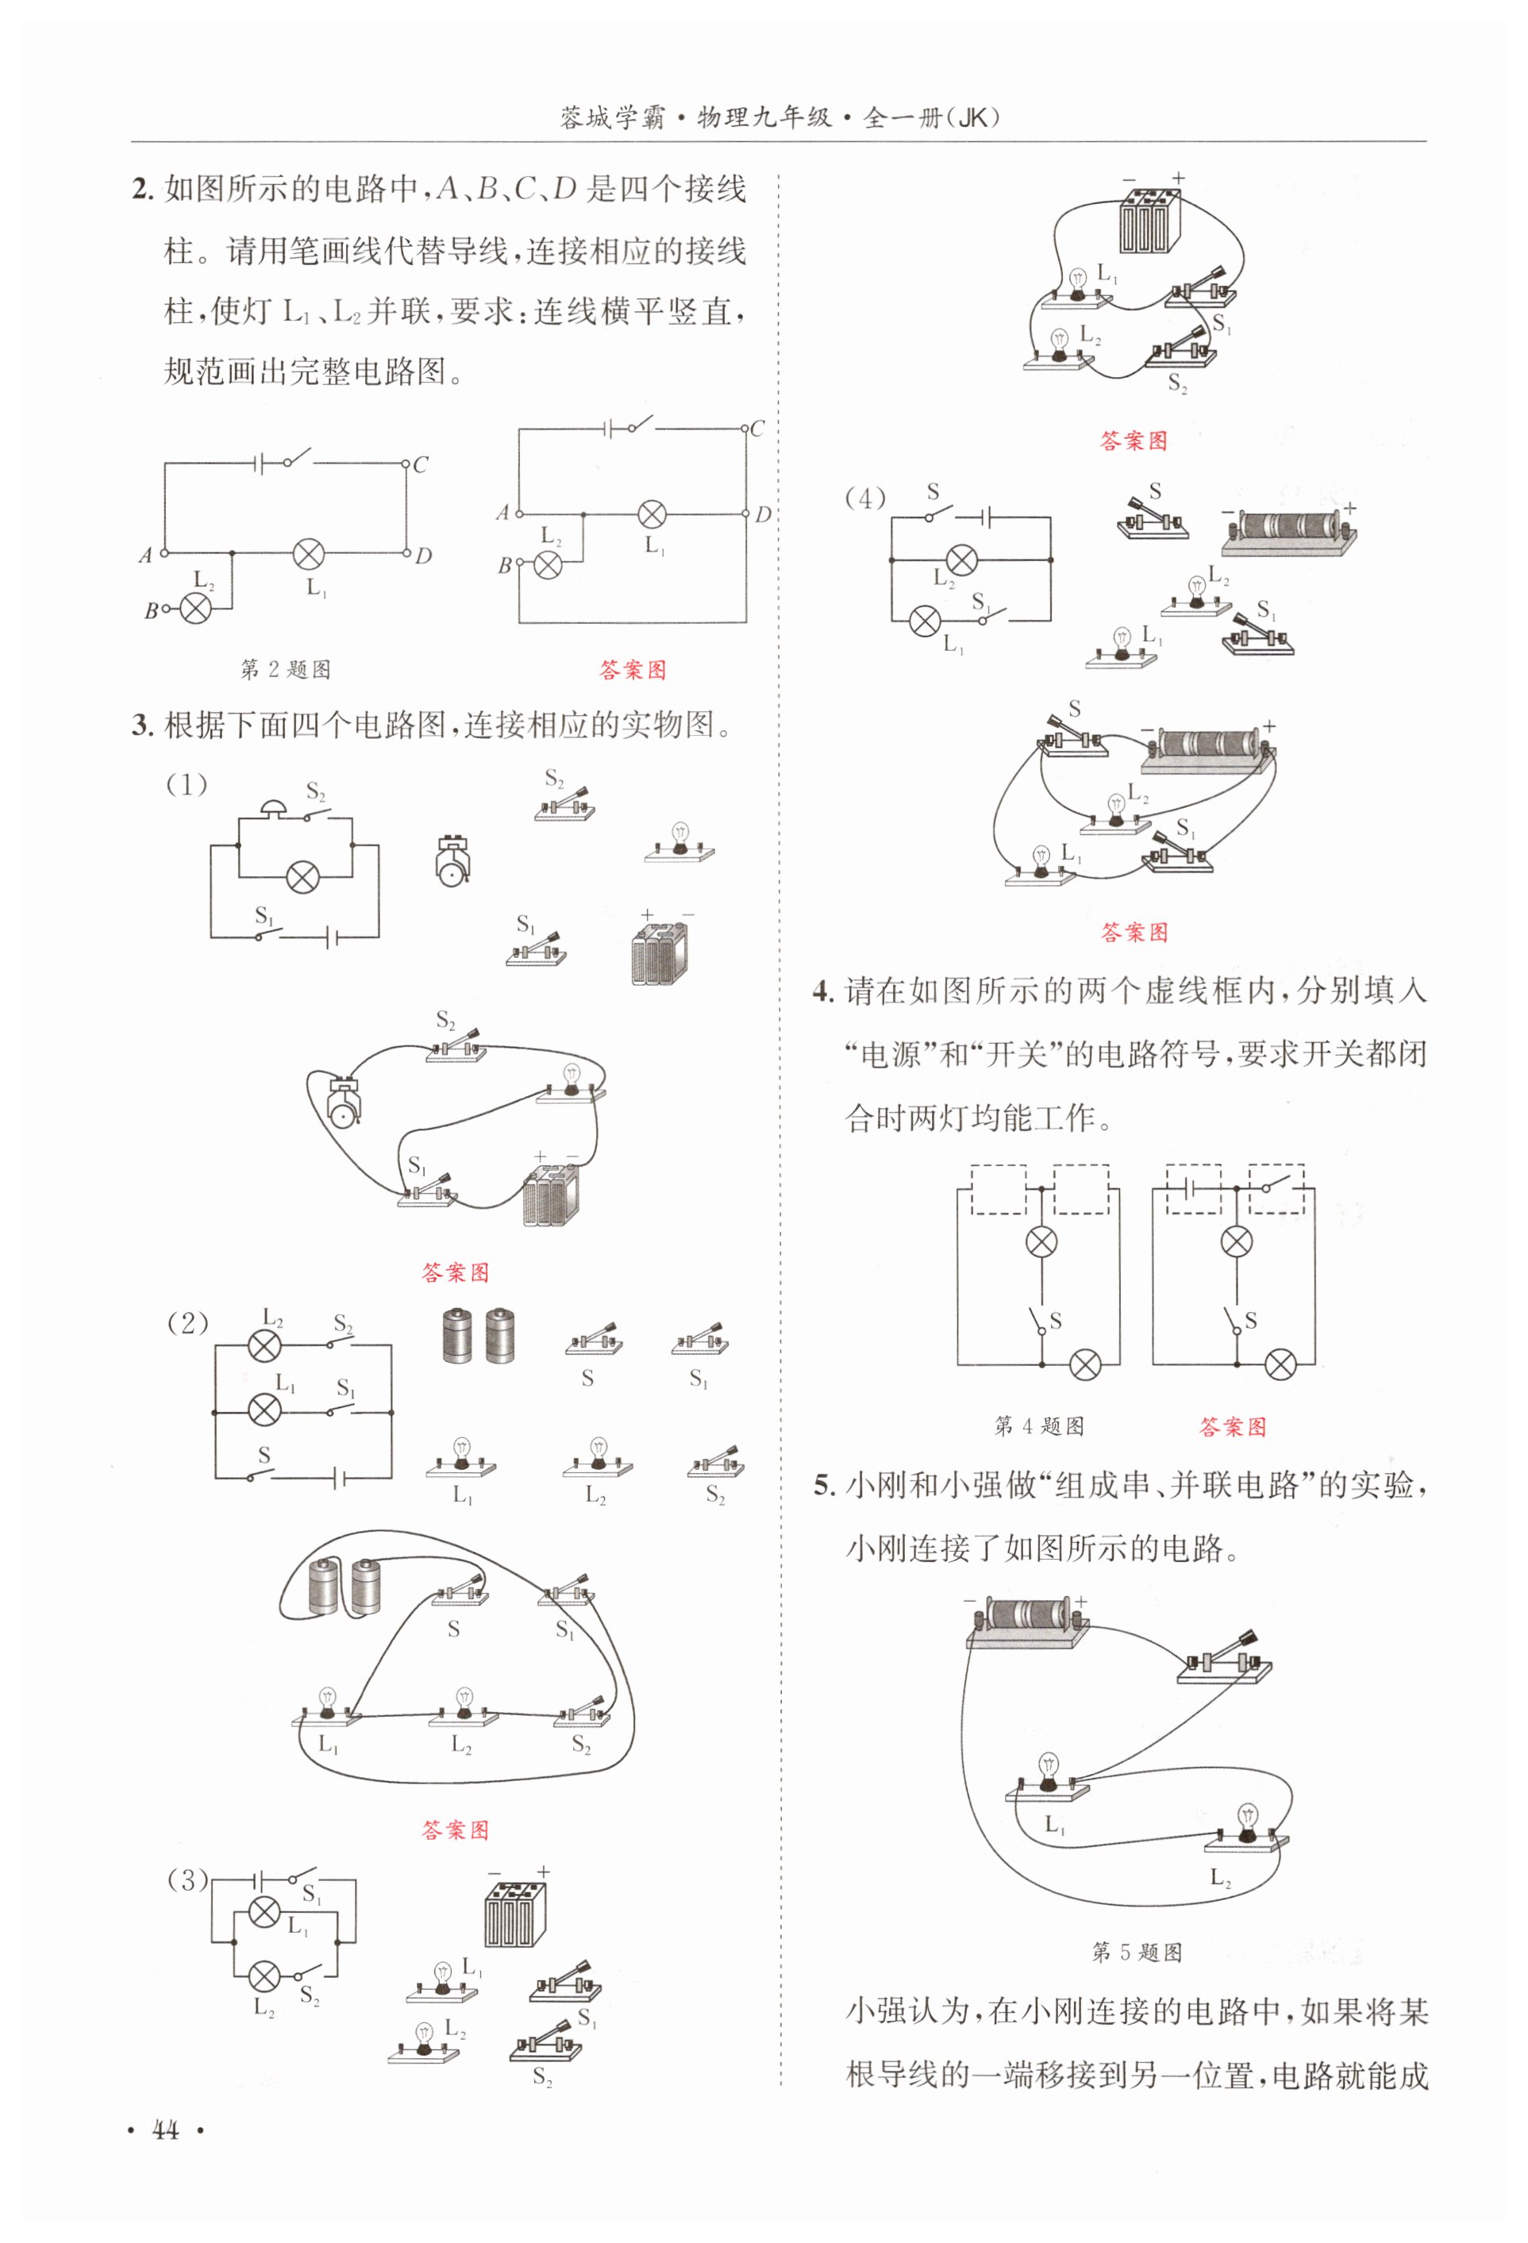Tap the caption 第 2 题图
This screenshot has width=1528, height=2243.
click(x=285, y=669)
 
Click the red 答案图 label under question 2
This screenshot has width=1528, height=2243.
click(x=633, y=670)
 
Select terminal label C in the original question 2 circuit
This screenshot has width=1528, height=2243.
click(x=420, y=464)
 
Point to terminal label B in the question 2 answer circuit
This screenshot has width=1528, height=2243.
click(x=504, y=566)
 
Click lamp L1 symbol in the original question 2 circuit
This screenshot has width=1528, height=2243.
click(x=309, y=554)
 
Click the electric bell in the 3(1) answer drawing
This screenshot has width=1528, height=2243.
click(x=344, y=1103)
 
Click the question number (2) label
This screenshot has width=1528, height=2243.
click(x=187, y=1323)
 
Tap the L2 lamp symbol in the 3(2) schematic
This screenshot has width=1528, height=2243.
click(x=264, y=1345)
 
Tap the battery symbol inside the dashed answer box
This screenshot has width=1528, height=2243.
click(x=1193, y=1189)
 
